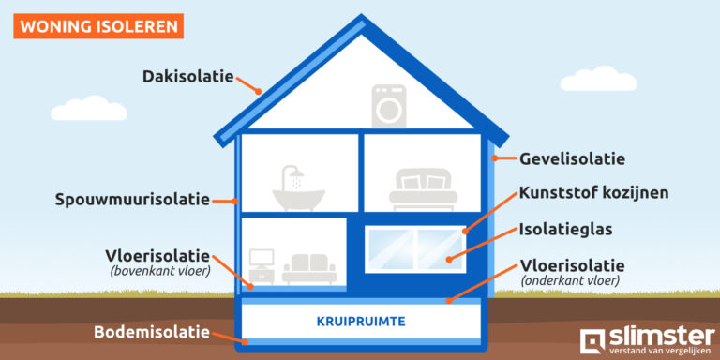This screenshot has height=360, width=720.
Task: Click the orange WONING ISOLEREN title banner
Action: [x=98, y=24]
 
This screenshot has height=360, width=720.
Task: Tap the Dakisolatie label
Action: [x=188, y=76]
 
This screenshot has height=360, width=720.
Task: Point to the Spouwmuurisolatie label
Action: [x=131, y=200]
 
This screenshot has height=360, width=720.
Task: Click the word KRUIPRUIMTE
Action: [x=361, y=322]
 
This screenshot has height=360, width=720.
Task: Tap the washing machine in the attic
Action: [x=387, y=105]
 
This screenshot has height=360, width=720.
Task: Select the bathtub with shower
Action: [x=297, y=187]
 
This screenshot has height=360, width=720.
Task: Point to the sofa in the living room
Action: [x=310, y=268]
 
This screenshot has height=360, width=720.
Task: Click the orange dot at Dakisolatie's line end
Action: [x=260, y=92]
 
